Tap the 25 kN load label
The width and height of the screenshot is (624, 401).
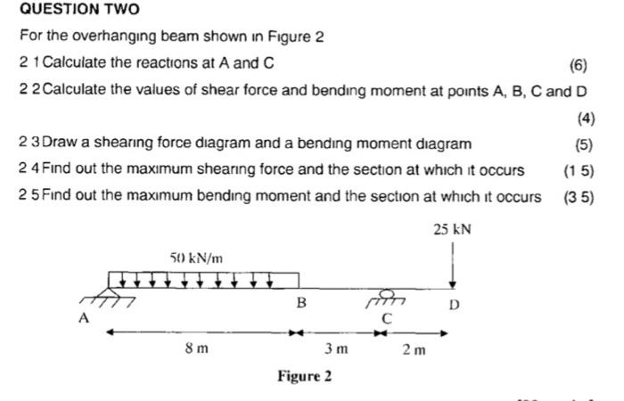pyautogui.click(x=453, y=229)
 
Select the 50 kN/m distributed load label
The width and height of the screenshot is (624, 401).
pyautogui.click(x=196, y=258)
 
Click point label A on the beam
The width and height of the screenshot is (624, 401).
pyautogui.click(x=86, y=316)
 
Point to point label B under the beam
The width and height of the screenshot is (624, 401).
pyautogui.click(x=301, y=304)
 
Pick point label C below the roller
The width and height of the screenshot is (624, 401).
pyautogui.click(x=386, y=317)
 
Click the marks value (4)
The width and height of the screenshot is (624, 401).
pyautogui.click(x=586, y=118)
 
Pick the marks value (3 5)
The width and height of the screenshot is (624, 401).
pyautogui.click(x=579, y=197)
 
